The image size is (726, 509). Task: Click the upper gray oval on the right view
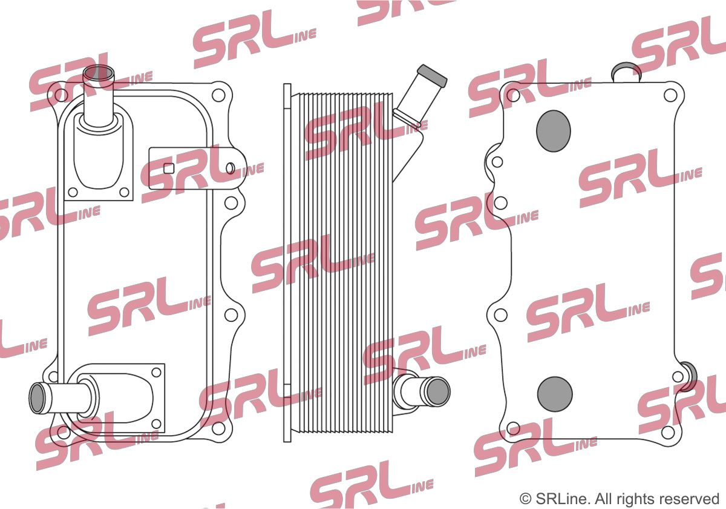click(x=553, y=131)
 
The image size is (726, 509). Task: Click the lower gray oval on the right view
click(x=555, y=394)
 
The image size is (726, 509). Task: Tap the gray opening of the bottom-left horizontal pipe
click(x=37, y=398)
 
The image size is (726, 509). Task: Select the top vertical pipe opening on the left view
click(x=99, y=75)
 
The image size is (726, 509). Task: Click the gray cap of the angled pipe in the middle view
click(x=433, y=76)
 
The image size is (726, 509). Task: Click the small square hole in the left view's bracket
click(x=169, y=168)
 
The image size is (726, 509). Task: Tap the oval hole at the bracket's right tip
click(x=230, y=168)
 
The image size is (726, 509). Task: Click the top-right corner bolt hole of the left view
click(x=218, y=95)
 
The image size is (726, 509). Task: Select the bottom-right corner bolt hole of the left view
click(x=218, y=428)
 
